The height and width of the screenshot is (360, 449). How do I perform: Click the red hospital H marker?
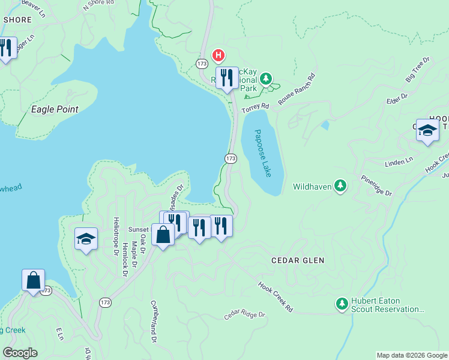pyautogui.click(x=219, y=56)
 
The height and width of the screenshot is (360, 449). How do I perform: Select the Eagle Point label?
pyautogui.click(x=55, y=110)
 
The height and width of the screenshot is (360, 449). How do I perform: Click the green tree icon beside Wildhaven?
pyautogui.click(x=341, y=186)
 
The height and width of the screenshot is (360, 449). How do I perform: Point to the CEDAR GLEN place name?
pyautogui.click(x=298, y=260)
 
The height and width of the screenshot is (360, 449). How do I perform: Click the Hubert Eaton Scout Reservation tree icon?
pyautogui.click(x=342, y=304)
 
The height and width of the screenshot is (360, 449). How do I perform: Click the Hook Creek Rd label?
pyautogui.click(x=276, y=297)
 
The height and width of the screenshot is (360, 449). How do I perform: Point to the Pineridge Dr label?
pyautogui.click(x=376, y=185)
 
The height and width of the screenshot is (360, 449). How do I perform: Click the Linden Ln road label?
pyautogui.click(x=400, y=161)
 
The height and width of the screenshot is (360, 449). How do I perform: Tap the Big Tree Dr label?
pyautogui.click(x=418, y=70)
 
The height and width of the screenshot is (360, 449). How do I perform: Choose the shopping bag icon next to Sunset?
pyautogui.click(x=163, y=235)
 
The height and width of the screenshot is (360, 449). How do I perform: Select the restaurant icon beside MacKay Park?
pyautogui.click(x=227, y=78)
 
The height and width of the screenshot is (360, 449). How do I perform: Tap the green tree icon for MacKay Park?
pyautogui.click(x=265, y=79)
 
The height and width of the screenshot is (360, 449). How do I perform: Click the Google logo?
pyautogui.click(x=20, y=353)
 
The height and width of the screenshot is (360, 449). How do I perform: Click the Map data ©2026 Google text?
pyautogui.click(x=412, y=355)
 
